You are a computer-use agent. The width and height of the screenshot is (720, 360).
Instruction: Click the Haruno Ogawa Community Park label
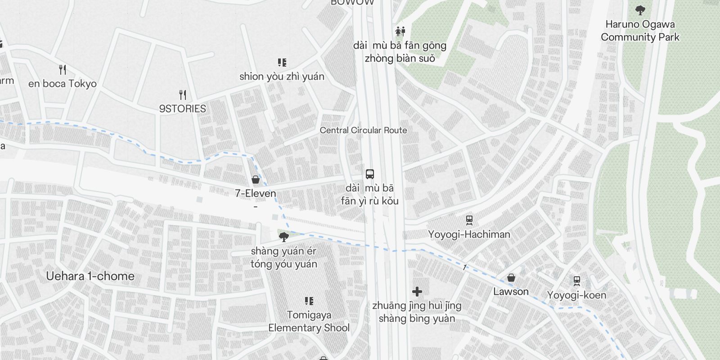click(640, 31)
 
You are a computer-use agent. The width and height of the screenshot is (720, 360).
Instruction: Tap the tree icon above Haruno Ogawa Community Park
click(640, 10)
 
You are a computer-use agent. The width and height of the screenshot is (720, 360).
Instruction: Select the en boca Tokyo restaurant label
click(62, 84)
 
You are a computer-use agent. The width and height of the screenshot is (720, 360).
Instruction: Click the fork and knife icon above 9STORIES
click(182, 95)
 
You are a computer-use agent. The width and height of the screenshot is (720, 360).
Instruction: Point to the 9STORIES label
click(182, 108)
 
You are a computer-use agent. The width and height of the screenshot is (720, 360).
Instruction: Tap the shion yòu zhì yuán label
click(282, 76)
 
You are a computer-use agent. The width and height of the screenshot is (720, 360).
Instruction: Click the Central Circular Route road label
click(363, 130)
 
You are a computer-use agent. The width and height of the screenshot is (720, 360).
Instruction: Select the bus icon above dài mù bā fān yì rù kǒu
click(370, 174)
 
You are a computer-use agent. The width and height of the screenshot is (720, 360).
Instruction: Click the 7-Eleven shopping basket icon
click(256, 180)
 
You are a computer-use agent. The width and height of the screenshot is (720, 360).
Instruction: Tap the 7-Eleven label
click(256, 193)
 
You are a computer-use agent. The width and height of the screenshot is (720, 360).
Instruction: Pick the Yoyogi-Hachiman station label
click(469, 234)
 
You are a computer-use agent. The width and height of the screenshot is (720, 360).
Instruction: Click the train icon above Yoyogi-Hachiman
click(469, 220)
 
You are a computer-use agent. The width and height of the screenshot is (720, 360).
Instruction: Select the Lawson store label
click(511, 292)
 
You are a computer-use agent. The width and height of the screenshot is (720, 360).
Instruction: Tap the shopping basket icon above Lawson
click(511, 278)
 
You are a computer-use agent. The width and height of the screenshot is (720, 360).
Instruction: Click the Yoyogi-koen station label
click(576, 295)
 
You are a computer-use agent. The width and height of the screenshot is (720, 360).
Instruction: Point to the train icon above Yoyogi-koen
click(577, 281)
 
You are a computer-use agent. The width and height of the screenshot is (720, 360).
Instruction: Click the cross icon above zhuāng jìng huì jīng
click(417, 292)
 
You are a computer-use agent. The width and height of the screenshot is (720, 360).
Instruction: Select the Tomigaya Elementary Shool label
click(309, 321)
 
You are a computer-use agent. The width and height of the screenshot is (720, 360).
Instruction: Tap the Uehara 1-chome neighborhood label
click(90, 276)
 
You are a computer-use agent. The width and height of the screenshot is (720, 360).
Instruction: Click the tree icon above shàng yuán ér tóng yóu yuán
click(283, 237)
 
